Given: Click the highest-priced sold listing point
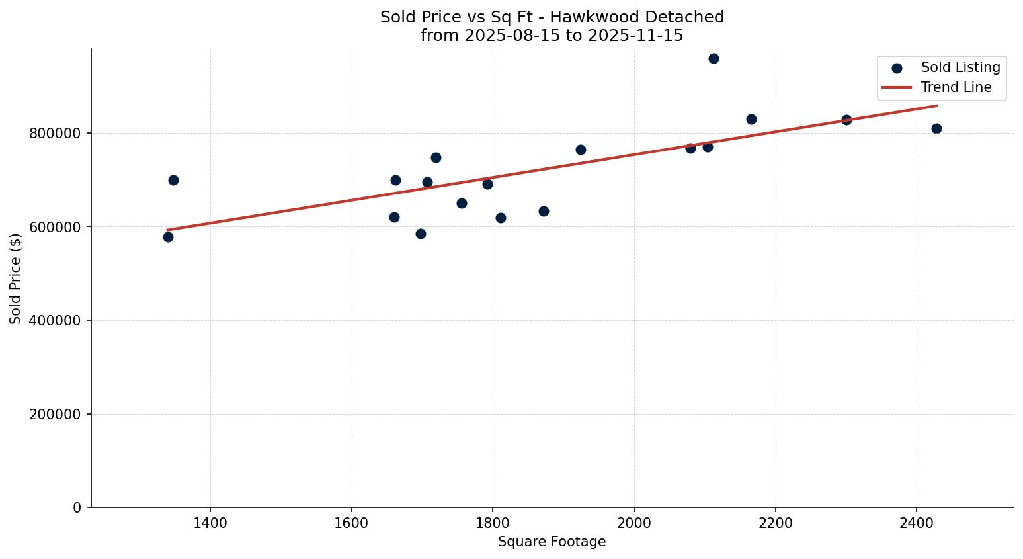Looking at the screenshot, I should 714,58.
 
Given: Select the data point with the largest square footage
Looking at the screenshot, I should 936,128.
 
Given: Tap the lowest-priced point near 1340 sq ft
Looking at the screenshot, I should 168,237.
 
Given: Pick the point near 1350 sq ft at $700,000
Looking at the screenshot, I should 173,180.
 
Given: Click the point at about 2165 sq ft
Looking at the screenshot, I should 751,119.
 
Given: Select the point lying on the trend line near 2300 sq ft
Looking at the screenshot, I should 846,120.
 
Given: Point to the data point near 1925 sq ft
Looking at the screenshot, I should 581,150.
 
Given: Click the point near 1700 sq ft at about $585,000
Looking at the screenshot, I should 421,234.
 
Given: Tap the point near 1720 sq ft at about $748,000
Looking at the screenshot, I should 436,157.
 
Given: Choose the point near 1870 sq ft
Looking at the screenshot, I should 544,211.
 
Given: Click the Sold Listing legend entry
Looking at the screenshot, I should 960,67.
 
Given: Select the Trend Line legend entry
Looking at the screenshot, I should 956,87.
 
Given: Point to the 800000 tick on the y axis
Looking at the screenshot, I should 56,134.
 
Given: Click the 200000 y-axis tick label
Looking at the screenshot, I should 56,415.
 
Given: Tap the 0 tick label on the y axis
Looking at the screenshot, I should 77,508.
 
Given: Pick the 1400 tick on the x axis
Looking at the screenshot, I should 210,523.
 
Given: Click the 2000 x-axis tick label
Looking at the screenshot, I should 634,523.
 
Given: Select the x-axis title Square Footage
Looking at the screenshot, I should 552,542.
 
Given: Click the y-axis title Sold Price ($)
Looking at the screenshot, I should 16,279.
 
